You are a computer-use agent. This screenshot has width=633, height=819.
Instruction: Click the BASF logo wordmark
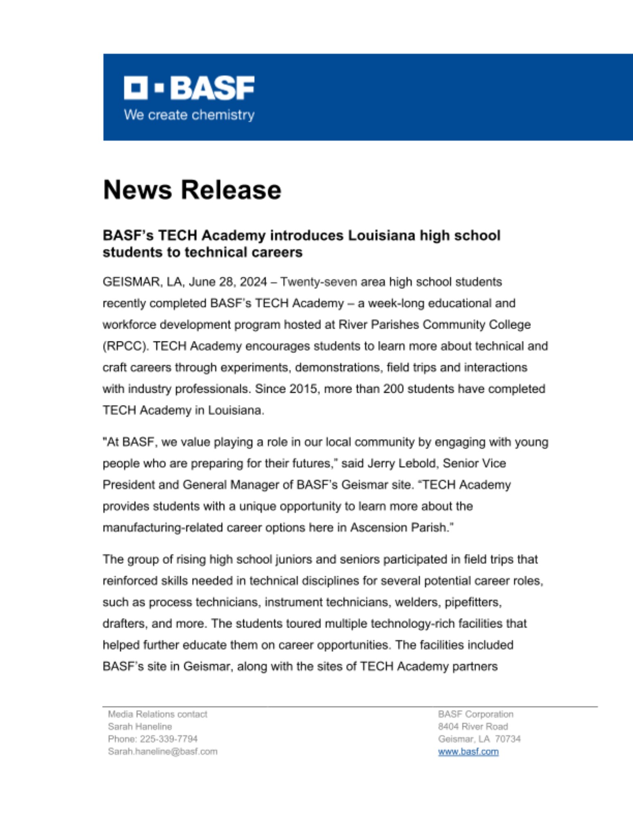[189, 88]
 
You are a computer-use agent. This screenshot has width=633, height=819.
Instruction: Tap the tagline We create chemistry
[189, 115]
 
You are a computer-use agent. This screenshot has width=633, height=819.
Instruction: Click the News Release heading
[192, 190]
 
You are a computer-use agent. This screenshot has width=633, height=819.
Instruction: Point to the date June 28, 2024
[228, 282]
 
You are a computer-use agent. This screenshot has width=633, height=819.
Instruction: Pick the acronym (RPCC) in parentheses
[126, 346]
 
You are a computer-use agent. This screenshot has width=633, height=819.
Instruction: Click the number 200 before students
[393, 389]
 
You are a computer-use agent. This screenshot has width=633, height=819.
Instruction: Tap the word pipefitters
[473, 602]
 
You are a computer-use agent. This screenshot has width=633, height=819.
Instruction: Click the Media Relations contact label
[158, 714]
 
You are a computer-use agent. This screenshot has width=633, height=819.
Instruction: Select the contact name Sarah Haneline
[140, 726]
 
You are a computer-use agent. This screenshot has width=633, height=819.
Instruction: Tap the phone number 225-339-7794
[169, 739]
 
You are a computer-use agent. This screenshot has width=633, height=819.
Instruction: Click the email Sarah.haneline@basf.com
[163, 751]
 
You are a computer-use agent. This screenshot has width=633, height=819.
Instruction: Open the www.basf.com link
[468, 751]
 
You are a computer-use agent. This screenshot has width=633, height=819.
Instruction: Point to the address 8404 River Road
[473, 726]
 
